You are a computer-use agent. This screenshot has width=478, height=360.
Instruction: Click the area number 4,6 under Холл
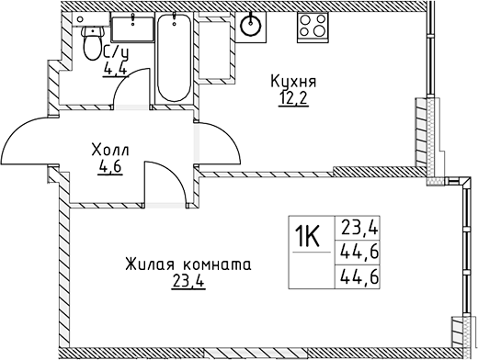pyautogui.click(x=109, y=166)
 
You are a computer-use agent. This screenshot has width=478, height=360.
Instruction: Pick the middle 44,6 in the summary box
pyautogui.click(x=355, y=250)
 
